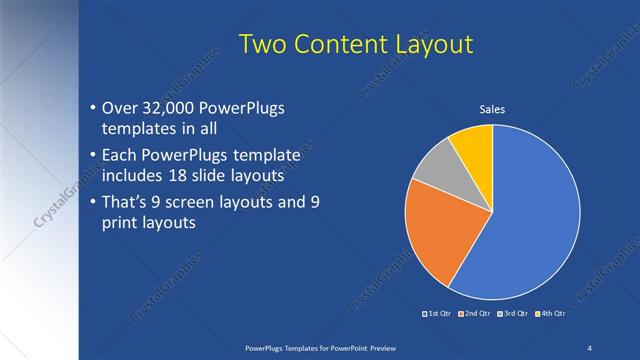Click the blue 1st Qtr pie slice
tap(530, 220)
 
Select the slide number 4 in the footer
tap(590, 347)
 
